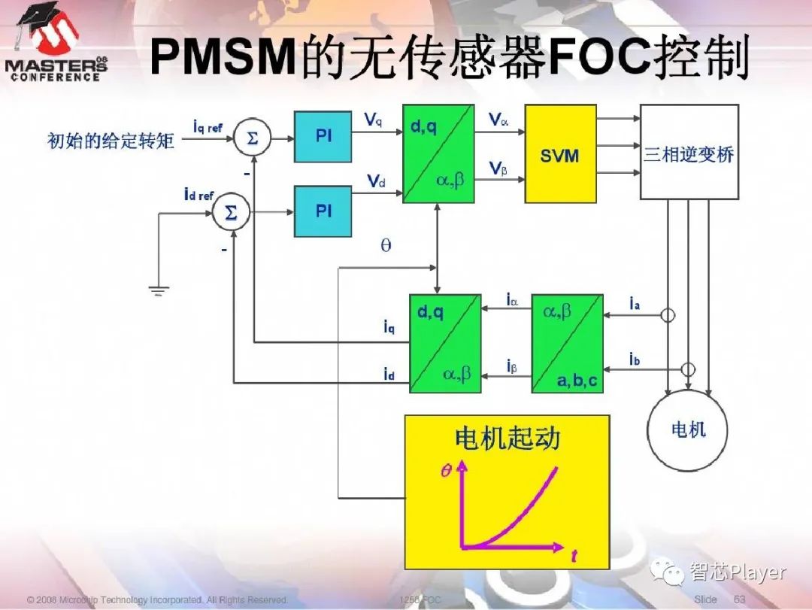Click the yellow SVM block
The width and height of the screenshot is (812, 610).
click(559, 154)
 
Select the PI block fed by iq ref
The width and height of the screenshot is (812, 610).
click(323, 136)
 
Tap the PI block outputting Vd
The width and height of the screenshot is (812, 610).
click(323, 211)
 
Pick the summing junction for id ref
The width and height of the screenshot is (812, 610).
click(231, 214)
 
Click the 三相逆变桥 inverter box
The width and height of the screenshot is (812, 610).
click(689, 154)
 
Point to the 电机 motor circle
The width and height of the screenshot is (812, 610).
click(688, 429)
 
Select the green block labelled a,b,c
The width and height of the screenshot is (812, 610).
click(567, 344)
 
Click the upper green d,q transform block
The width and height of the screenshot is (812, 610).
click(438, 154)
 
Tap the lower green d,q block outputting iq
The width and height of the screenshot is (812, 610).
click(445, 344)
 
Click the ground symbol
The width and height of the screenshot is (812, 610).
click(159, 289)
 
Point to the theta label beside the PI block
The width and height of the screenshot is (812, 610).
click(386, 246)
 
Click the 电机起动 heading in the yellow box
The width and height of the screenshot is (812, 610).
click(507, 438)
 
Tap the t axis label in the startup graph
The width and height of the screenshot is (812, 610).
click(574, 557)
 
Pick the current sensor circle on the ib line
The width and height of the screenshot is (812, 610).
click(687, 369)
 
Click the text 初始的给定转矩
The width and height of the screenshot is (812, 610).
click(111, 141)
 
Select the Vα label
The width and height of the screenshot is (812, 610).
click(498, 120)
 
